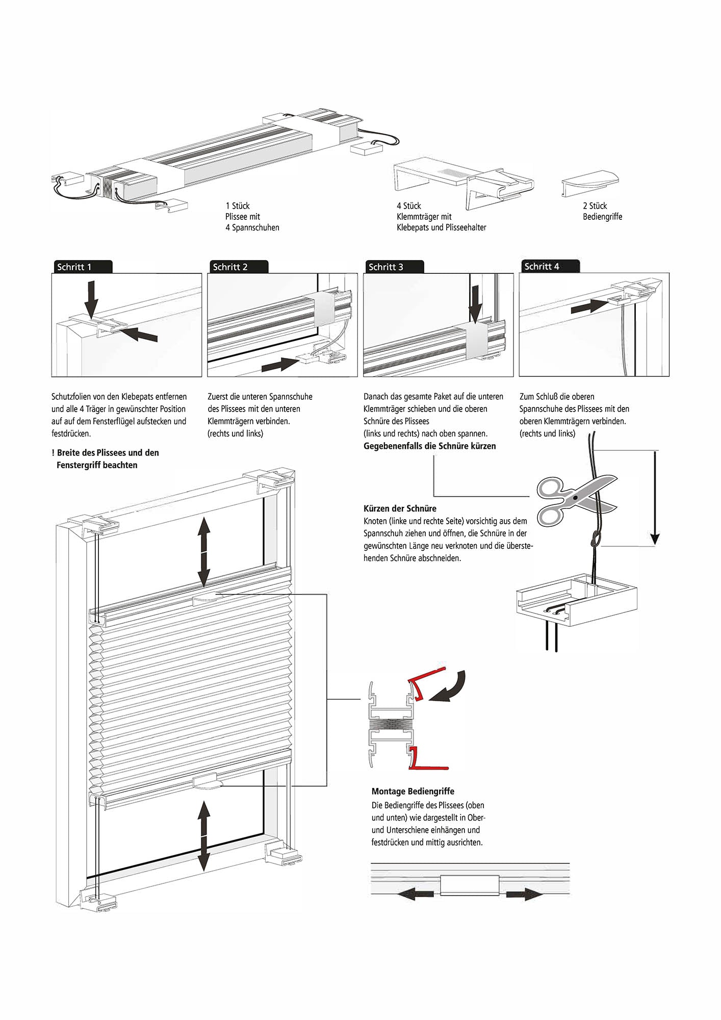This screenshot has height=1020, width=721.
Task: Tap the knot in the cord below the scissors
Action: [595, 539]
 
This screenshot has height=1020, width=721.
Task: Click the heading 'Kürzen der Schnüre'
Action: [400, 508]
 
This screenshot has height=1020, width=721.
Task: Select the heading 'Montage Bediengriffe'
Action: [413, 792]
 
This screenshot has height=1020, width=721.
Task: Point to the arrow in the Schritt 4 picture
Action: [589, 307]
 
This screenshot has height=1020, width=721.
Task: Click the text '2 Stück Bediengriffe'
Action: [602, 211]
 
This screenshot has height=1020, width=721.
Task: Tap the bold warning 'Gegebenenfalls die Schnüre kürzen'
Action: [429, 446]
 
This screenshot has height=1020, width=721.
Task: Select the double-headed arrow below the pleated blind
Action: [204, 836]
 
